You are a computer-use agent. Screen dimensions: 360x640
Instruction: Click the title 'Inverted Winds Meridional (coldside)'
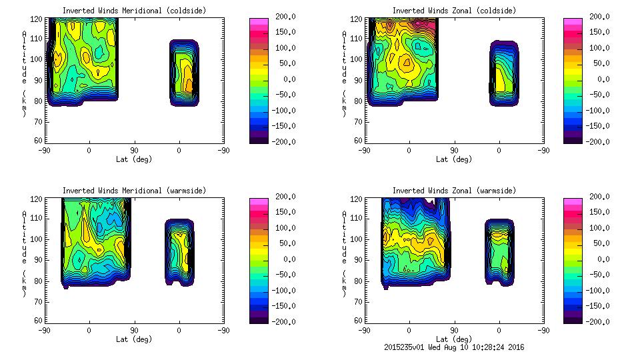(x=134, y=11)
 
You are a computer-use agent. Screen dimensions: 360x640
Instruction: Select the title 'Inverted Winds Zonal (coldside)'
(x=454, y=11)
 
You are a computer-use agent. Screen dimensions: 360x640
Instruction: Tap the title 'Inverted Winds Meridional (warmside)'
(x=134, y=191)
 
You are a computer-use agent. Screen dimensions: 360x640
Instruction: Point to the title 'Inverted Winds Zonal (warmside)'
(x=454, y=191)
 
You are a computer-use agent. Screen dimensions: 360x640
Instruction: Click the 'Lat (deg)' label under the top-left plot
(x=134, y=159)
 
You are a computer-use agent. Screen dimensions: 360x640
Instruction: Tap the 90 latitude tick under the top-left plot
(x=134, y=150)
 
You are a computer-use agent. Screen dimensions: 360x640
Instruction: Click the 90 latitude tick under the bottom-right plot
(x=454, y=330)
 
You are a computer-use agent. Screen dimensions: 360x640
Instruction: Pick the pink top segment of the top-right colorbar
(x=573, y=21)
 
